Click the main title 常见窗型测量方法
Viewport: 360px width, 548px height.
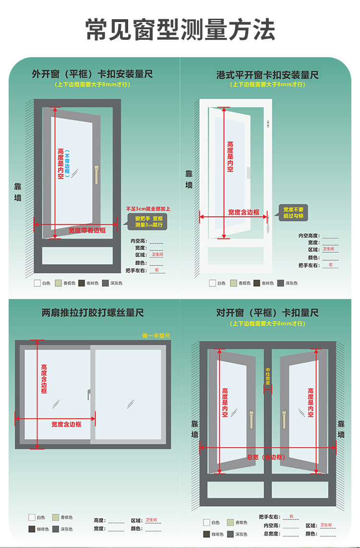click(180, 30)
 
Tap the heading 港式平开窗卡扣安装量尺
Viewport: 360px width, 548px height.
click(267, 75)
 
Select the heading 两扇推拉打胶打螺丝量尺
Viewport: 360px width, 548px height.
click(93, 313)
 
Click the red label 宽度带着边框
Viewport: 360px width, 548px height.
click(87, 230)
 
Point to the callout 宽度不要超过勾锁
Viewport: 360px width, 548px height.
click(293, 213)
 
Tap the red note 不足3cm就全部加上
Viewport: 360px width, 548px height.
click(148, 209)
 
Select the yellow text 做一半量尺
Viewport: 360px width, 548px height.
click(156, 335)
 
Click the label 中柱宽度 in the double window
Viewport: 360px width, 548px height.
click(268, 376)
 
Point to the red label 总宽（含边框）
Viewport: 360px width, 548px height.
click(265, 457)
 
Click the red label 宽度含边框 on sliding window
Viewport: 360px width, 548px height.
click(66, 424)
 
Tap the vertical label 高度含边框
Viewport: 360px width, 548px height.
click(44, 379)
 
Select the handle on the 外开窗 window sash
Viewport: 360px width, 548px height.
click(96, 174)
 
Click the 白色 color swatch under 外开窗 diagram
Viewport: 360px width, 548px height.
click(37, 283)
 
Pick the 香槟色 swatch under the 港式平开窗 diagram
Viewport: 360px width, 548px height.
click(234, 283)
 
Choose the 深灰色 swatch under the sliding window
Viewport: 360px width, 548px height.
click(56, 529)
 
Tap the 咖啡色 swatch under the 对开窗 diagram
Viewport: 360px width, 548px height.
click(207, 534)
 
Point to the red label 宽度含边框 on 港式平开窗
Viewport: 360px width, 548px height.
click(243, 212)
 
